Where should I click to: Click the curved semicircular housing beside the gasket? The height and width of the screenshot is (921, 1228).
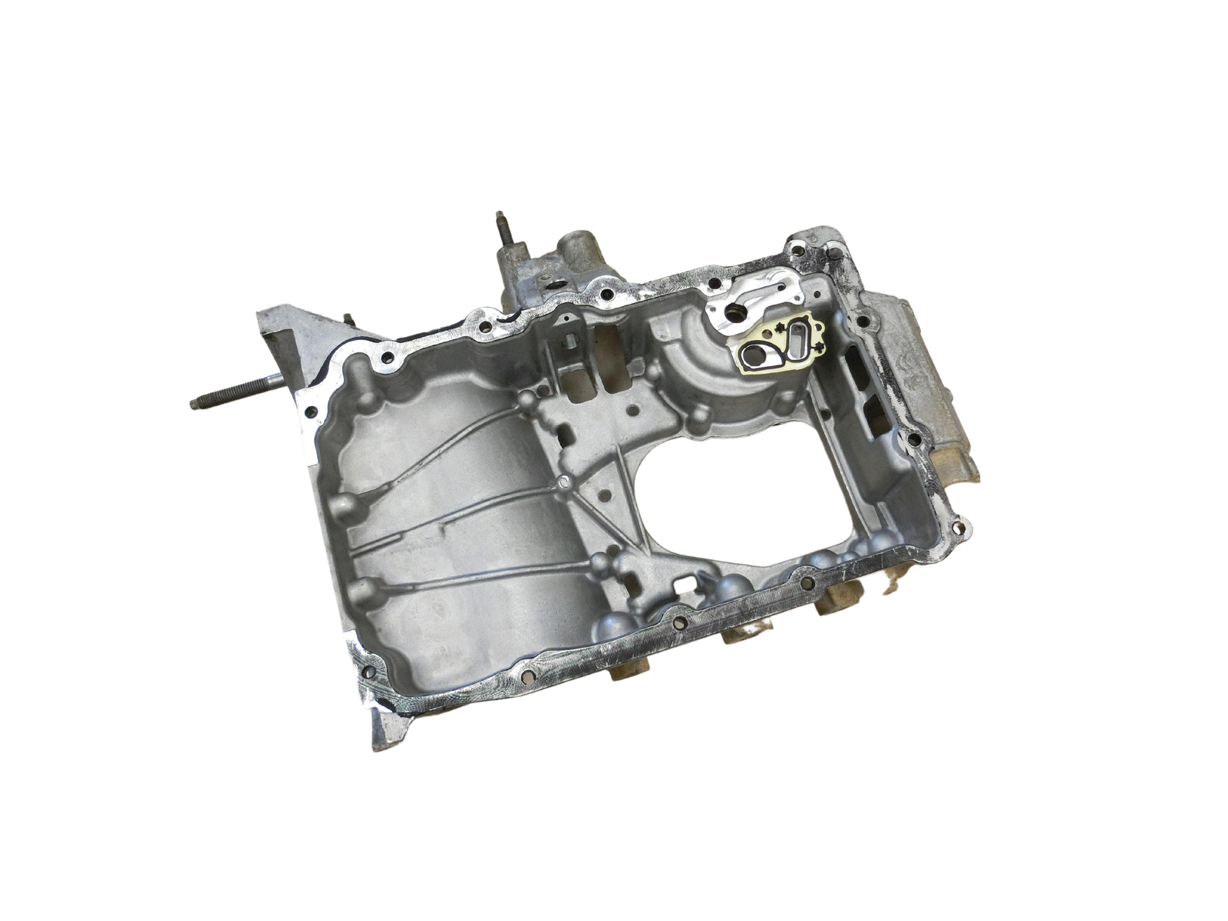click(x=687, y=353)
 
